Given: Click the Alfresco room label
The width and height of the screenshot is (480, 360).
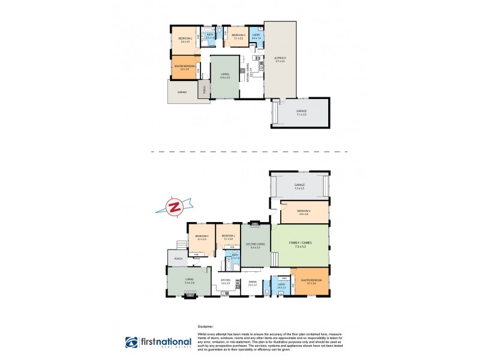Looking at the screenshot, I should coord(280,59).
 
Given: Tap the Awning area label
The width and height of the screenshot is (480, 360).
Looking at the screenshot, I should coord(182,92).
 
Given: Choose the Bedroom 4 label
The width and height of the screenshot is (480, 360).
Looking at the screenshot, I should coord(304,212).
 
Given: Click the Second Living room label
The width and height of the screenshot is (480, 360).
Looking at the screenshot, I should coord(254,245).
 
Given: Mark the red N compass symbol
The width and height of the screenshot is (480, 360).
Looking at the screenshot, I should coord(175,207).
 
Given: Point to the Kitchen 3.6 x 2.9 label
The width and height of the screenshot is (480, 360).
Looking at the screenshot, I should coord(226,281).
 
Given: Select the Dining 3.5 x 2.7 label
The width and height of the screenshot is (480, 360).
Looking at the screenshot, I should coord(253,284).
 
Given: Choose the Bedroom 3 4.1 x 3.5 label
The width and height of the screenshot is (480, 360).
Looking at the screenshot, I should coord(201,238).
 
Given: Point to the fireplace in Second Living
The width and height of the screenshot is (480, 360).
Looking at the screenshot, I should coord(255,224).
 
